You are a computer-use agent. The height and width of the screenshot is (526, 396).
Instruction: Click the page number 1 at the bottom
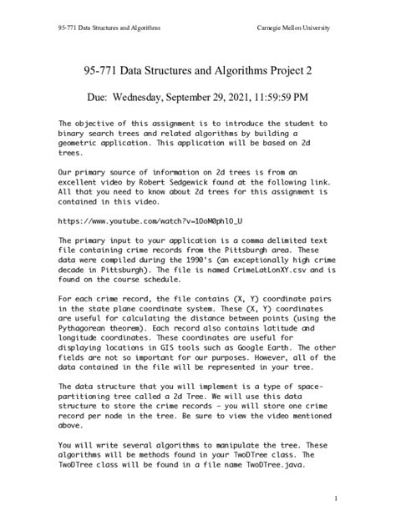coord(334,498)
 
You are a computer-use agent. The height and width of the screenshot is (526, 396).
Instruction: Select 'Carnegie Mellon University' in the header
coord(292,28)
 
